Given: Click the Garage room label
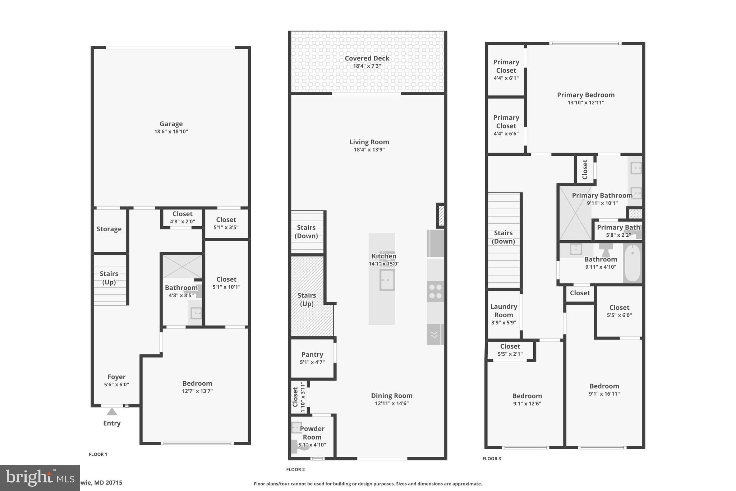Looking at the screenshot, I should [x=171, y=124].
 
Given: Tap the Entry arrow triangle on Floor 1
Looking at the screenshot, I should [x=112, y=412].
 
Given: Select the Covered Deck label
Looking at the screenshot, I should [x=367, y=58].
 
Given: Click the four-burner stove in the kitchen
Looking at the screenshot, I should [x=435, y=291].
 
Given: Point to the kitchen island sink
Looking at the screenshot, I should [x=387, y=280].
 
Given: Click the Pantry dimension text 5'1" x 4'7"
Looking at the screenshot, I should [x=312, y=362].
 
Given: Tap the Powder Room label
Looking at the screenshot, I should [x=312, y=433].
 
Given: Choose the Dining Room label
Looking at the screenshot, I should [x=391, y=396].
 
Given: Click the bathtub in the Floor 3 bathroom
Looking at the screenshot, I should [x=632, y=263].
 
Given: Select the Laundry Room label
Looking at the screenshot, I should [x=503, y=310].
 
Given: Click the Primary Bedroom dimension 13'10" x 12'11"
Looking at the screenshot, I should [x=585, y=103].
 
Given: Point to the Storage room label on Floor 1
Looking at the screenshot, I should [x=109, y=229].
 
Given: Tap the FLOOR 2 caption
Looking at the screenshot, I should [x=295, y=469].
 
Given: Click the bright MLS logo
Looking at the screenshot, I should [x=40, y=478].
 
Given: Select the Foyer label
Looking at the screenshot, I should [x=116, y=377].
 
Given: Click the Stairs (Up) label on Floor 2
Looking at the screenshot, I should [x=307, y=299].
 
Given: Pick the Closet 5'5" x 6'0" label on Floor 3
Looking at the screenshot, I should [x=619, y=308].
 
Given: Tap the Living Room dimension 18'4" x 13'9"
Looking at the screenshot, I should [x=369, y=150].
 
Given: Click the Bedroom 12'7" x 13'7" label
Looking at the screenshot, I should [x=197, y=383].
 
